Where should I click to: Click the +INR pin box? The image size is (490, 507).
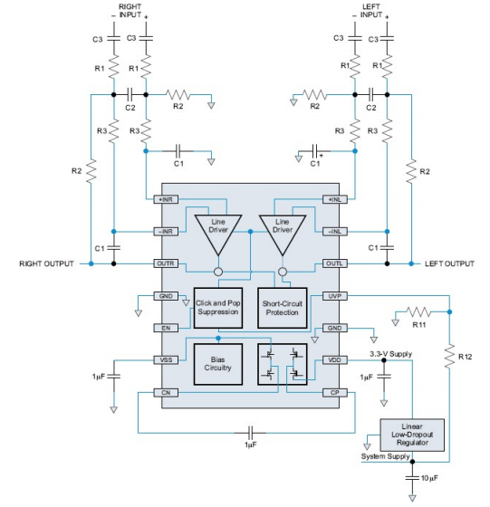166,199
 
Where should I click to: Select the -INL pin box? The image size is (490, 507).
335,232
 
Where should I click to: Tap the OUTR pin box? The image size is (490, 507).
166,263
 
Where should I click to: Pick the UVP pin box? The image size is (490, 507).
335,296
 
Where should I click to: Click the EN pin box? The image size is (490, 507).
166,328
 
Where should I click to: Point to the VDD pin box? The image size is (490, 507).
335,360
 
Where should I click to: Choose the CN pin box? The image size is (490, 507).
166,393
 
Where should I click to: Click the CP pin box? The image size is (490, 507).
335,393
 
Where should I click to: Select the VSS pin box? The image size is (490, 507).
166,360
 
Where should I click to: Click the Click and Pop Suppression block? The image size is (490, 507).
218,308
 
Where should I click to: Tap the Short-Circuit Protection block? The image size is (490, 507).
283,308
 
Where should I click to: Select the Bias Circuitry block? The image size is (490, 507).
218,364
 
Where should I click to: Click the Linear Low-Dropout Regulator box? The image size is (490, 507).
412,435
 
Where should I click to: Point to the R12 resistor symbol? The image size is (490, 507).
449,357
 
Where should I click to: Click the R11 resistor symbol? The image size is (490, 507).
418,312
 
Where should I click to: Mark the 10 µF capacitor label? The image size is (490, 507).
430,478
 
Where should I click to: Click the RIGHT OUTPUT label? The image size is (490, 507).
46,263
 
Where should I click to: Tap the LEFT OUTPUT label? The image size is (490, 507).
449,263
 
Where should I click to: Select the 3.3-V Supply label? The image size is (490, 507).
391,354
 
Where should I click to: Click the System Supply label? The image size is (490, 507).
386,456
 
